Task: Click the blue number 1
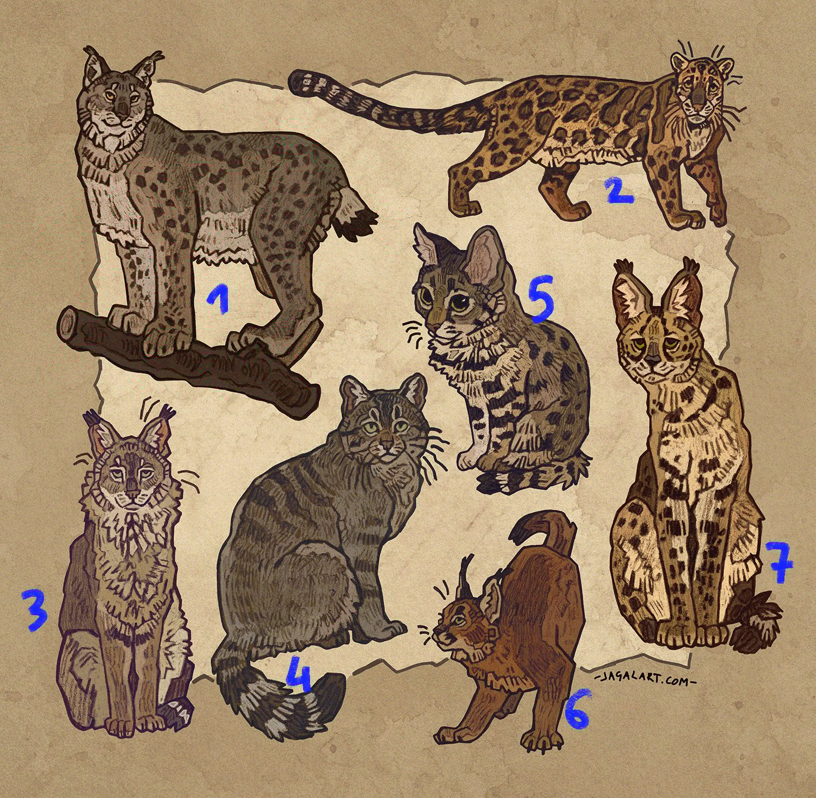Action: tap(219, 300)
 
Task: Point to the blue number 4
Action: tap(299, 675)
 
